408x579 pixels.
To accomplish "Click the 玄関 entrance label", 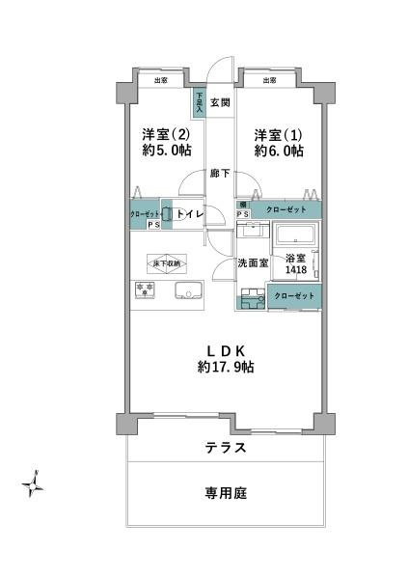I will (x=219, y=101).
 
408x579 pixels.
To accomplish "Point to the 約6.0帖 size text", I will (x=279, y=152).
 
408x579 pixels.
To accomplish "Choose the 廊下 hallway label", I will (x=220, y=174).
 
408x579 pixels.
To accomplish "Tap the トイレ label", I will (x=189, y=215).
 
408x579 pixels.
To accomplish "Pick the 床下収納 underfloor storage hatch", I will (x=168, y=263).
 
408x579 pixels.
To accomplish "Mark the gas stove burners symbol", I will (x=145, y=289).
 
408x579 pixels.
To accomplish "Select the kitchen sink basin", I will (x=186, y=290).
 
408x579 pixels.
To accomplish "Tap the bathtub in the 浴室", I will (x=297, y=235).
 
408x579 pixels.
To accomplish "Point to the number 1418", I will (x=295, y=272).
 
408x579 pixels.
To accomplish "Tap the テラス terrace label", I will (x=225, y=448).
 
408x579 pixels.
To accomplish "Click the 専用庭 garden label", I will (x=225, y=493).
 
